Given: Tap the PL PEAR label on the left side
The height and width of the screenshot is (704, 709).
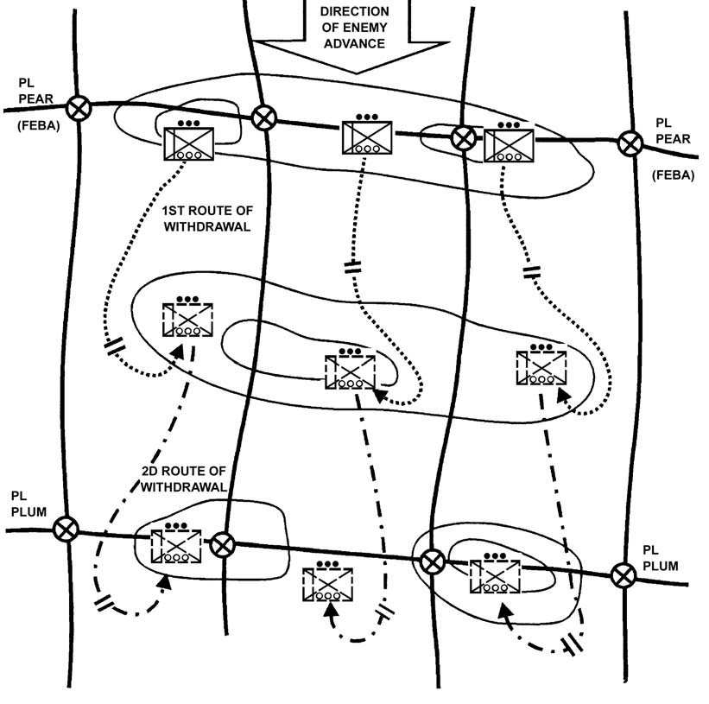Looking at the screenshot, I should click(x=35, y=91).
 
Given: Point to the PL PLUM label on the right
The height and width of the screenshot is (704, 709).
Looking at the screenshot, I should click(x=661, y=557).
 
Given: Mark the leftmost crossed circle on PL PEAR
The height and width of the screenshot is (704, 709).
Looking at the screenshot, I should click(x=79, y=108).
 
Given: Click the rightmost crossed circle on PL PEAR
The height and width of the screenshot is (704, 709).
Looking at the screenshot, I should click(x=629, y=143).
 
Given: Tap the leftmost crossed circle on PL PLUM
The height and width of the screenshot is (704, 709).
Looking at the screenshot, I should click(x=65, y=529).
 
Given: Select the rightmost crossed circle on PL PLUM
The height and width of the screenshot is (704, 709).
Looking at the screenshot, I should click(x=622, y=574).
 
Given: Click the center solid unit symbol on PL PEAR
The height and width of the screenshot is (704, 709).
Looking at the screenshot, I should click(x=367, y=138).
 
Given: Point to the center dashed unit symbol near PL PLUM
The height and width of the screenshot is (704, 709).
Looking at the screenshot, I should click(x=327, y=584).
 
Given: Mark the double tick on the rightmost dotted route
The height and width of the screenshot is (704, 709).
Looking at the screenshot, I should click(x=532, y=272).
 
